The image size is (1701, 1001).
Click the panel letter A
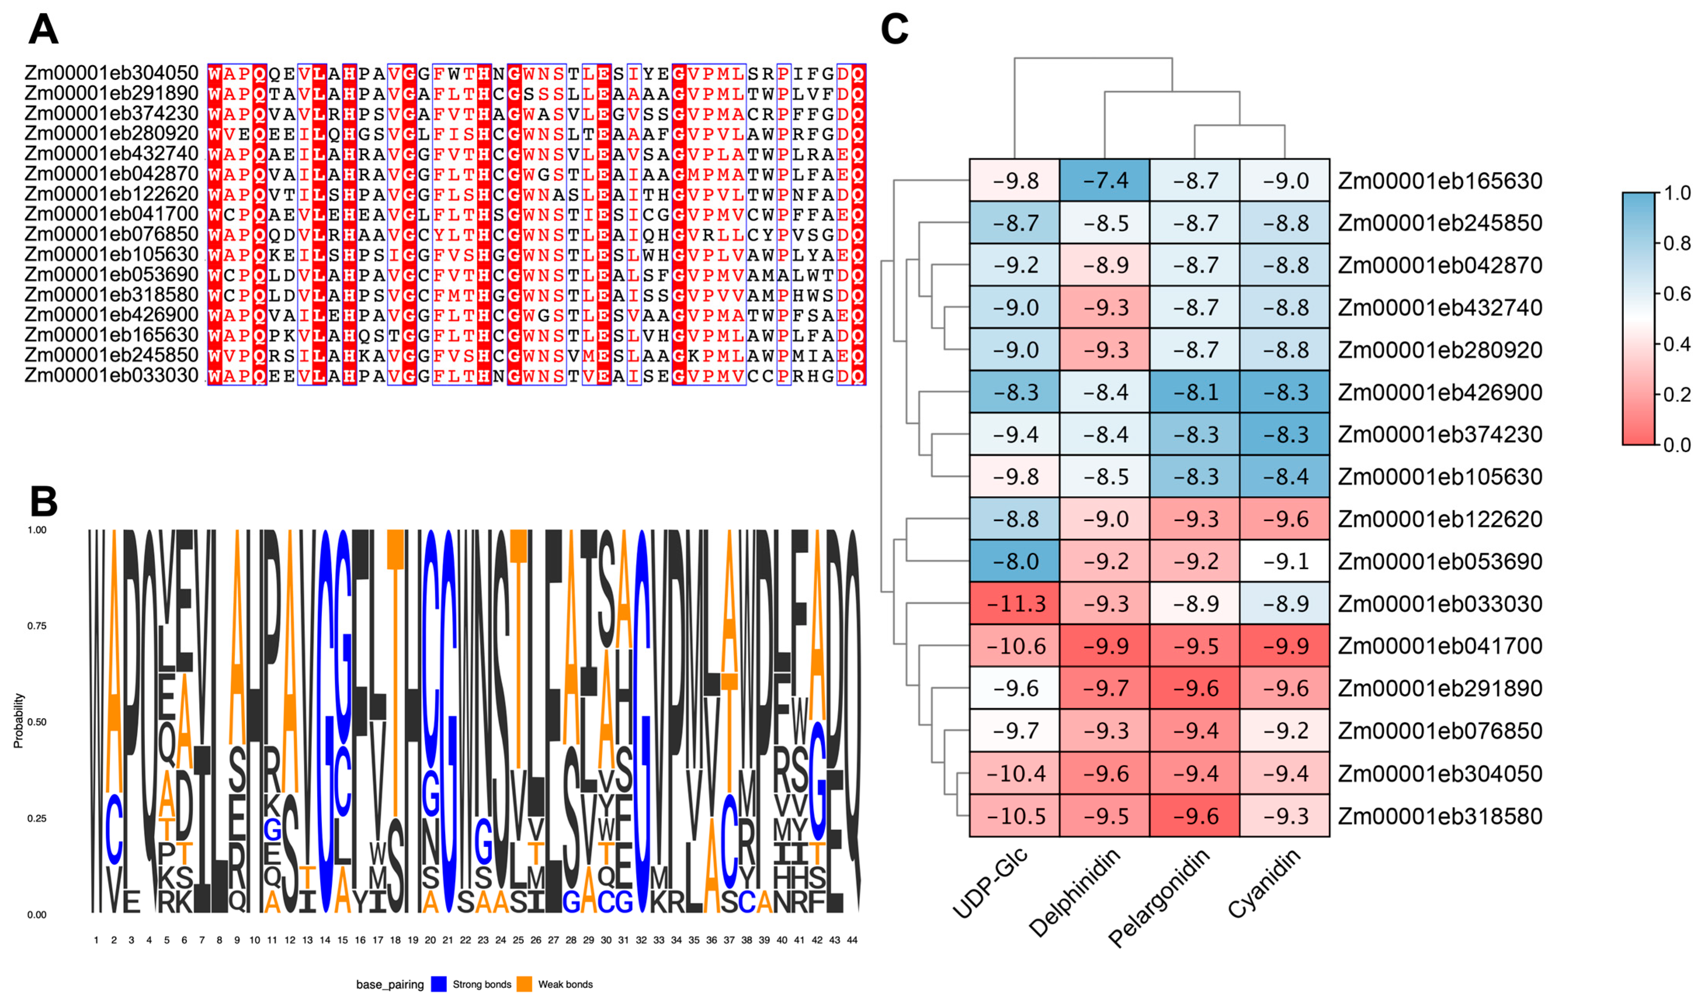tap(43, 30)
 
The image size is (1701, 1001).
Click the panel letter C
tap(895, 30)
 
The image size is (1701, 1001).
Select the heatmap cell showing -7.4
tap(1104, 180)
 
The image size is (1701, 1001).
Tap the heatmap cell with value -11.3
tap(1014, 603)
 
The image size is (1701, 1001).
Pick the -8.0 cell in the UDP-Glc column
tap(1014, 561)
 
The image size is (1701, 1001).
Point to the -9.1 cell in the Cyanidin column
tap(1285, 561)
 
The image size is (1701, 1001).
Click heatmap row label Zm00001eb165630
tap(1440, 181)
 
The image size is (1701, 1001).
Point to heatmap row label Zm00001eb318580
tap(1440, 816)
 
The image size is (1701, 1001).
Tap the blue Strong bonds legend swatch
tap(439, 984)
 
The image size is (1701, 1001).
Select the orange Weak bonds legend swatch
tap(524, 984)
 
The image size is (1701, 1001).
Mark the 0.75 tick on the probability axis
tap(37, 626)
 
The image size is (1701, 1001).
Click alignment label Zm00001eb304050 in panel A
tap(111, 73)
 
